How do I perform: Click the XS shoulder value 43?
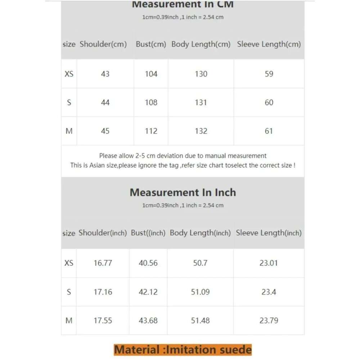(105, 74)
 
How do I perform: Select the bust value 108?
(151, 103)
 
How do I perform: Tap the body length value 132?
(201, 131)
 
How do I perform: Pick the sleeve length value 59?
(269, 74)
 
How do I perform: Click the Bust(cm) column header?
(151, 44)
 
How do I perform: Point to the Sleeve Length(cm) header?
(269, 44)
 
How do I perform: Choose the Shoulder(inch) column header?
(103, 233)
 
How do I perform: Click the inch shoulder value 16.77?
(103, 263)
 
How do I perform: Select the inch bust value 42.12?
(148, 292)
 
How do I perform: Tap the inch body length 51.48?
(200, 320)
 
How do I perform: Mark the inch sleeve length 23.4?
(269, 292)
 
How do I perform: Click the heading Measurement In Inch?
(183, 193)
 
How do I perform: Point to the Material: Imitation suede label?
(183, 350)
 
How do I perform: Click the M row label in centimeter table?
(69, 131)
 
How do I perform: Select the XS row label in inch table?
(69, 263)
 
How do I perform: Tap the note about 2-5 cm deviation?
(183, 156)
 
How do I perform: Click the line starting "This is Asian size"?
(183, 166)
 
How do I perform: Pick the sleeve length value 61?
(269, 131)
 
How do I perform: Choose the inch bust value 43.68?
(148, 320)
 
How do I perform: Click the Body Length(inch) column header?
(200, 233)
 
